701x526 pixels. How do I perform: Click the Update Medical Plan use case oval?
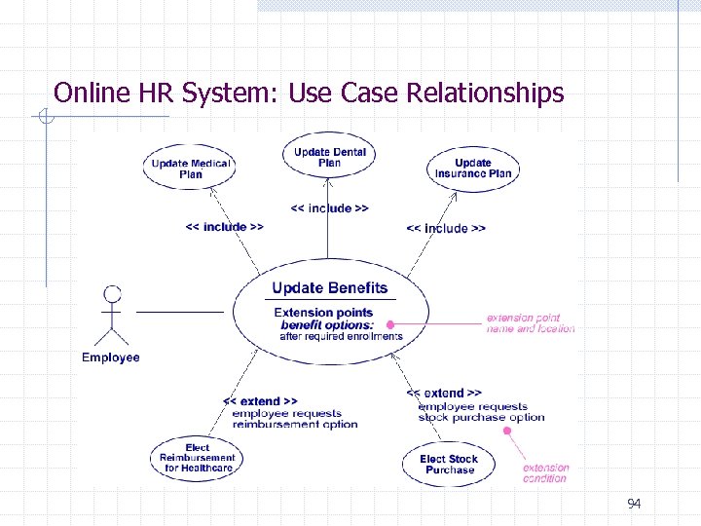pos(191,169)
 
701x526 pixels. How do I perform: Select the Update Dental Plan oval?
pos(329,157)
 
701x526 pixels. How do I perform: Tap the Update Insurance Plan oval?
pos(473,169)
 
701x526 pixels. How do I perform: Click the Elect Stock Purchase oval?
pos(449,464)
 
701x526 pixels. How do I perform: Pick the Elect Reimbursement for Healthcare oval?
pos(198,459)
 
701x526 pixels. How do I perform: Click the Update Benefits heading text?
pos(329,288)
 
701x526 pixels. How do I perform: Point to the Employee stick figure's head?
pos(113,293)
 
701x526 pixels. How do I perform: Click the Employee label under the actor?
pos(111,357)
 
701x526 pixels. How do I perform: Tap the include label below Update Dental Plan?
pos(329,208)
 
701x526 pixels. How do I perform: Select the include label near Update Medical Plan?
pos(224,227)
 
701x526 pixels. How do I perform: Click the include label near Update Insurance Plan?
pos(446,228)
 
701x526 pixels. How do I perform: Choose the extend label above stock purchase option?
pos(444,394)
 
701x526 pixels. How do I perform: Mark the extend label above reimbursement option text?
pos(260,401)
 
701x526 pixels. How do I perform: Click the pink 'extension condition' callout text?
pos(545,472)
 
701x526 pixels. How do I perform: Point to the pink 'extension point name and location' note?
pos(531,323)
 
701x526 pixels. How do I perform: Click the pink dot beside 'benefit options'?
pos(390,324)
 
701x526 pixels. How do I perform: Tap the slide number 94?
pos(634,504)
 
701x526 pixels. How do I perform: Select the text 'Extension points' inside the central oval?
pos(323,313)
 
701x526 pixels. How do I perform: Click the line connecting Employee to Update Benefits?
pos(180,312)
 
